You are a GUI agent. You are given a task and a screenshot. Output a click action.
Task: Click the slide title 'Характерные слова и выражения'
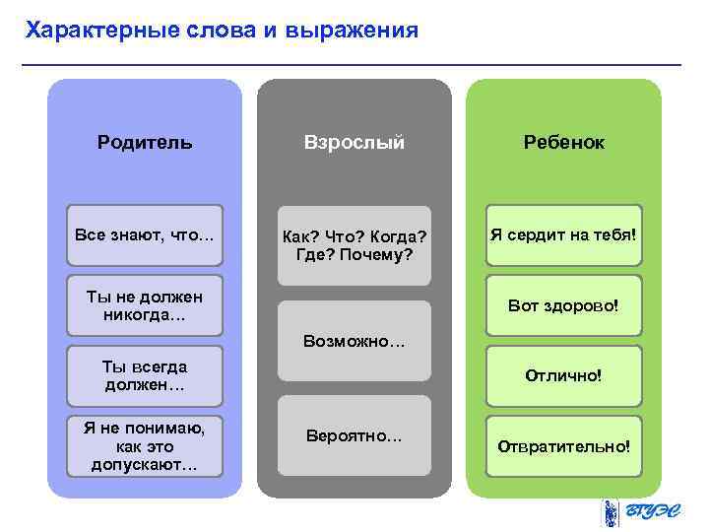(223, 31)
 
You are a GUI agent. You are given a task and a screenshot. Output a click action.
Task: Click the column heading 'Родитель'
(145, 142)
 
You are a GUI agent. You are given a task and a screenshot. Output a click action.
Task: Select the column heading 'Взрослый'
(354, 142)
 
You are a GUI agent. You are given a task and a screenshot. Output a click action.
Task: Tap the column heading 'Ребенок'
(563, 142)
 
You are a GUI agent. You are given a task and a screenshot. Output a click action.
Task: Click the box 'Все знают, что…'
(145, 234)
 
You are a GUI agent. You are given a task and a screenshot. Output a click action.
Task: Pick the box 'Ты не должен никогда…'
(145, 305)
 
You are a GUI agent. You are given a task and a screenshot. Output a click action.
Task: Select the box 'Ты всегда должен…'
(145, 375)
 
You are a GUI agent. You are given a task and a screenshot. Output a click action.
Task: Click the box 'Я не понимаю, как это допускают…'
(145, 444)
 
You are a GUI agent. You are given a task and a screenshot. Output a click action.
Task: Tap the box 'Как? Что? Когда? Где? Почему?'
(354, 245)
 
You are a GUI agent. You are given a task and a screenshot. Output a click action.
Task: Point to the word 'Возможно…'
(354, 343)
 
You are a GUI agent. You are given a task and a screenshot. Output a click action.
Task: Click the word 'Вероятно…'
(354, 435)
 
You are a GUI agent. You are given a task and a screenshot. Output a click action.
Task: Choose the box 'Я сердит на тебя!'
(563, 234)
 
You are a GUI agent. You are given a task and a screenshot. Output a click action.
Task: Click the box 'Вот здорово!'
(563, 305)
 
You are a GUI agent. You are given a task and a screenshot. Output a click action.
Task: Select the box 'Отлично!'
(563, 375)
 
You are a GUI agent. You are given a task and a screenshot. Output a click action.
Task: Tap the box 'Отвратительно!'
(563, 445)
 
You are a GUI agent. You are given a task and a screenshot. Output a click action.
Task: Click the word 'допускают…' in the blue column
(145, 462)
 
